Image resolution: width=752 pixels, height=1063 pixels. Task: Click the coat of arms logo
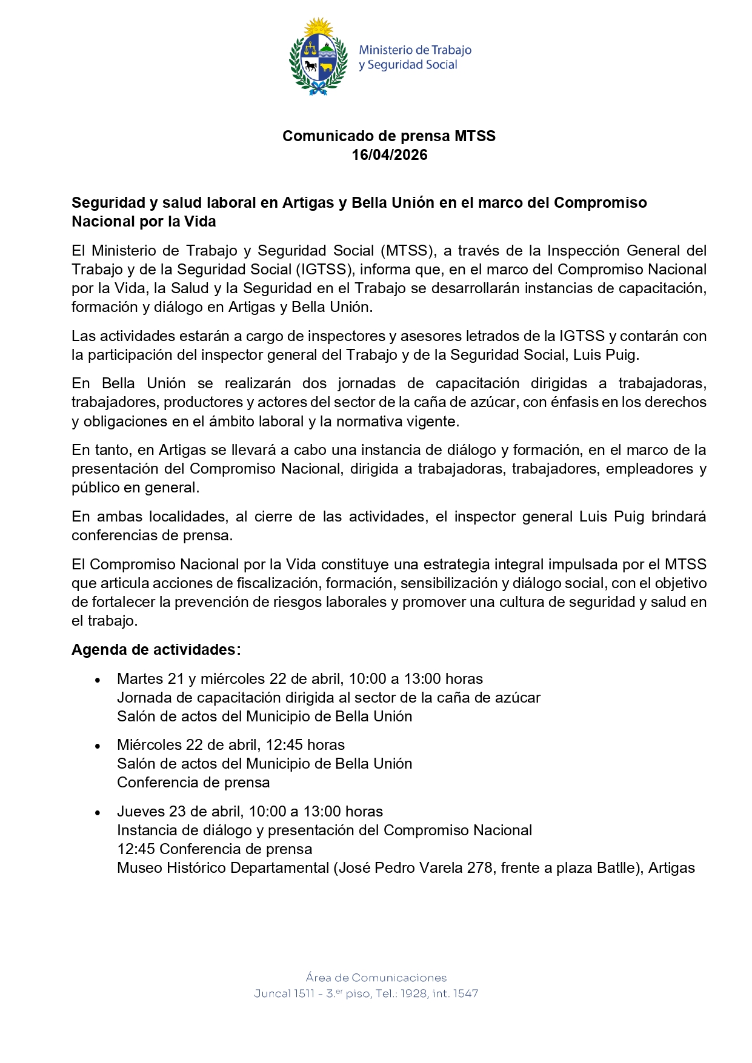click(x=318, y=57)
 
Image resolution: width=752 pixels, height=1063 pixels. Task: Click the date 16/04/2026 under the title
click(x=390, y=155)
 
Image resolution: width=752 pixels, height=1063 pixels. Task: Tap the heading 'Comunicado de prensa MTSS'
click(x=389, y=136)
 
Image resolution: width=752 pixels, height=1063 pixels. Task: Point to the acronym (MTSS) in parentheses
click(x=408, y=251)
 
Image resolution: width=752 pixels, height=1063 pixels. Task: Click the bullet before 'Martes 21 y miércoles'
click(x=98, y=680)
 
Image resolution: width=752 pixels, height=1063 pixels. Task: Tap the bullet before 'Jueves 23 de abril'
click(x=98, y=813)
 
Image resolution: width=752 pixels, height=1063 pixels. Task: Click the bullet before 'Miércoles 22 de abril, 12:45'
click(x=98, y=746)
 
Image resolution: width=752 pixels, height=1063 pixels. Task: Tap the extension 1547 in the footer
click(x=465, y=993)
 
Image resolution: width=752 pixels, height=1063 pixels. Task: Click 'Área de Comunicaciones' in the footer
click(x=376, y=977)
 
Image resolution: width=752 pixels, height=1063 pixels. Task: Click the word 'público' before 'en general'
click(x=95, y=488)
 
